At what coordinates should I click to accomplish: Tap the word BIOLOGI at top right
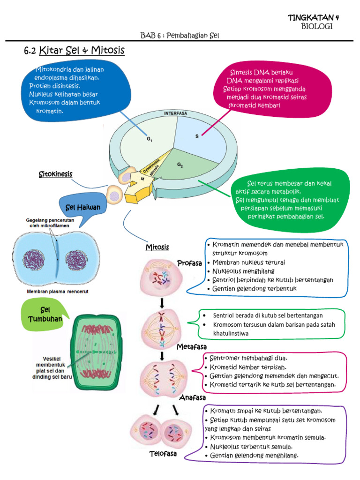[316, 27]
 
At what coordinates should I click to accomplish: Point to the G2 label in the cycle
[180, 165]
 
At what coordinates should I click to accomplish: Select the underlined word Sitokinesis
[55, 174]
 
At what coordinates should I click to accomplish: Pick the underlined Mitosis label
[157, 247]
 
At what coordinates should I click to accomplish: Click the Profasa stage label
[189, 263]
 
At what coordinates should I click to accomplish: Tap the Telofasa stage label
[163, 454]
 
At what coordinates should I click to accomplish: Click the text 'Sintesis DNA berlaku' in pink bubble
[261, 73]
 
